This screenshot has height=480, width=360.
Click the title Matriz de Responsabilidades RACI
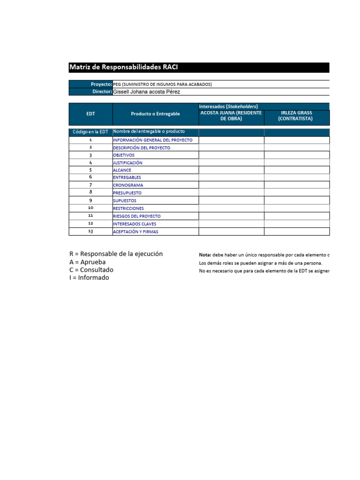pos(124,67)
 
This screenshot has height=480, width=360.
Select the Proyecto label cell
pos(91,84)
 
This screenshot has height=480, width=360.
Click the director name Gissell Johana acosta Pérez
pos(147,92)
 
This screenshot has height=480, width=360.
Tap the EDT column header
pos(90,114)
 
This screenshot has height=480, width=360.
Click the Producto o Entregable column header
pos(155,114)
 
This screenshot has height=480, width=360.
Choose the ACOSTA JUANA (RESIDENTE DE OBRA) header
pos(231,116)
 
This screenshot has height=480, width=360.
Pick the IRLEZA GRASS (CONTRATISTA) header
pos(296,116)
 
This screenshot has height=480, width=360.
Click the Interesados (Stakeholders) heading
pos(229,106)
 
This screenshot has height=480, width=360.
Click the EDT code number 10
pos(90,208)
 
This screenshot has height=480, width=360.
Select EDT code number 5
pos(90,170)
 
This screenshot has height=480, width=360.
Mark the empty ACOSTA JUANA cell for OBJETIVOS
pos(231,155)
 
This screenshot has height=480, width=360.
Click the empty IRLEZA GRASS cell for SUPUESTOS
pos(296,200)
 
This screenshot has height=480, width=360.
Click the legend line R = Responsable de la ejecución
pos(116,254)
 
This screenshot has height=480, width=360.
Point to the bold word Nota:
pos(205,255)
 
